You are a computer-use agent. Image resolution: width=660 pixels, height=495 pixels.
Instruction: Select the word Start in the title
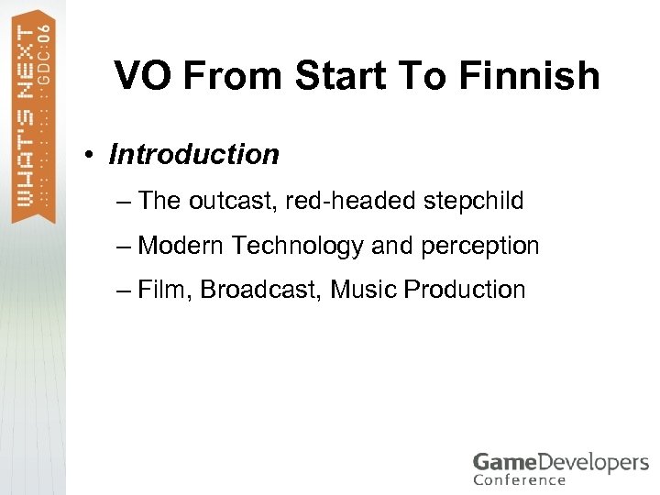point(335,77)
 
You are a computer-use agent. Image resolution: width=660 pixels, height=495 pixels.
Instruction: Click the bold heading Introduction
point(193,155)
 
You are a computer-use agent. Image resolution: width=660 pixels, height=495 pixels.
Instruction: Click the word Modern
point(181,246)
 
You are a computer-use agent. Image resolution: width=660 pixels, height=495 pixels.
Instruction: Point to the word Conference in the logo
point(519,479)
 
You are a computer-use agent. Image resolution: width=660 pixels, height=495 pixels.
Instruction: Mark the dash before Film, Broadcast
point(124,291)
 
